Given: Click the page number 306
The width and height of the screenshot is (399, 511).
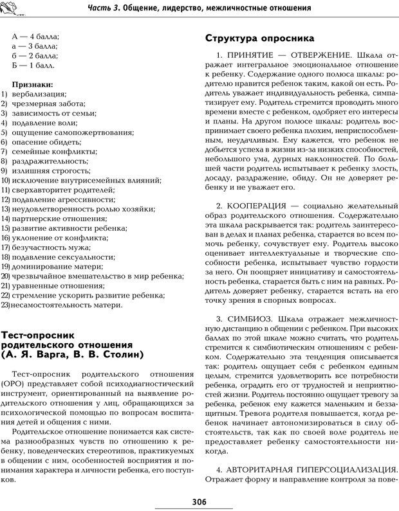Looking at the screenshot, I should [x=199, y=501].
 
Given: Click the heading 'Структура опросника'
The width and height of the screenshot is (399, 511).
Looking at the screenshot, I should [x=259, y=38].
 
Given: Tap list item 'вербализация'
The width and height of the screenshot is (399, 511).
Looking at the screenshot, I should [x=37, y=94].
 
